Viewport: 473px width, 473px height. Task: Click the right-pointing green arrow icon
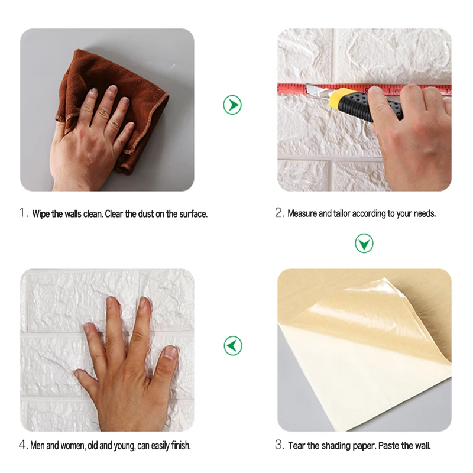[x=232, y=105]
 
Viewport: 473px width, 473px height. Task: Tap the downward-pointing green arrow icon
[x=364, y=242]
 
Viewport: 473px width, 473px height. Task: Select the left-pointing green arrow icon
[x=232, y=345]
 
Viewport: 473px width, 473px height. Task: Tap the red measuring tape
[x=296, y=89]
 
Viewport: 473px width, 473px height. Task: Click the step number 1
[x=24, y=213]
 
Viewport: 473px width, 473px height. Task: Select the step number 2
[x=280, y=213]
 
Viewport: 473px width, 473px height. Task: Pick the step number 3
[x=280, y=445]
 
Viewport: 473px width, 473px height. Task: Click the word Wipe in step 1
[x=41, y=213]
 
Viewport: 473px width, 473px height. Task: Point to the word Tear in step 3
[x=297, y=445]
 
